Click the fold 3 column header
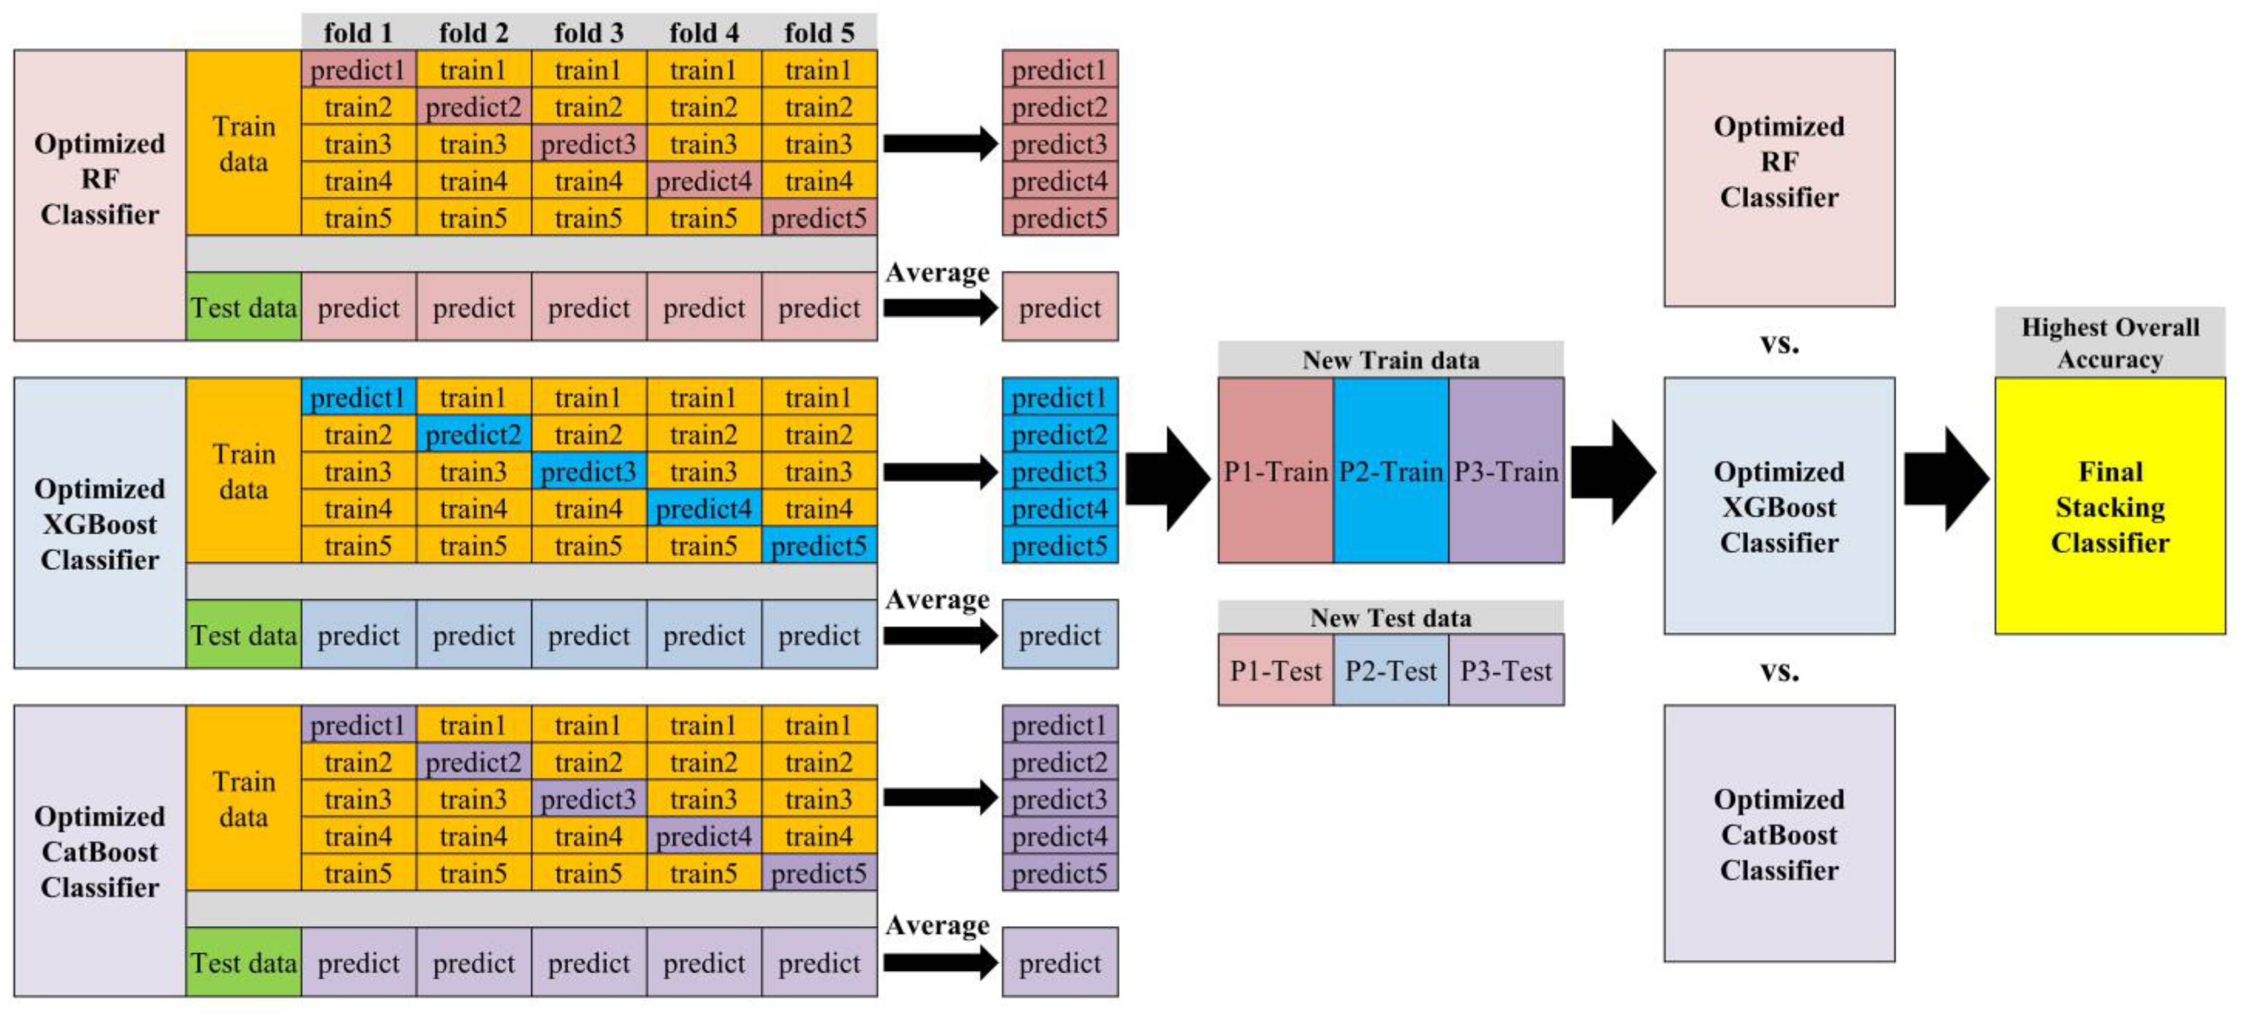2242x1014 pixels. [x=589, y=32]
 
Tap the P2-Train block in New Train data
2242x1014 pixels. [x=1390, y=471]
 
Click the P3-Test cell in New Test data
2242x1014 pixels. [x=1506, y=670]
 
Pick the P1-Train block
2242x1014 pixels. [x=1275, y=471]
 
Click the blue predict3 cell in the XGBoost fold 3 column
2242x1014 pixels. [x=589, y=472]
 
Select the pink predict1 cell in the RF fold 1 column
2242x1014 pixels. [x=358, y=69]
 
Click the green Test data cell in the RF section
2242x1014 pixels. [x=243, y=307]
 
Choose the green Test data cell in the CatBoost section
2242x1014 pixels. [x=243, y=963]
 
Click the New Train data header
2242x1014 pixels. [x=1390, y=360]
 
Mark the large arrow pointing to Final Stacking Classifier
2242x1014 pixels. [x=1946, y=479]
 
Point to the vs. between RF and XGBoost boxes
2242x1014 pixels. [x=1779, y=343]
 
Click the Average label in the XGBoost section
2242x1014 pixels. [x=937, y=600]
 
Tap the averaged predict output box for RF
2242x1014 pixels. [x=1059, y=307]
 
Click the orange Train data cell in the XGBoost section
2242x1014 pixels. [x=243, y=471]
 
